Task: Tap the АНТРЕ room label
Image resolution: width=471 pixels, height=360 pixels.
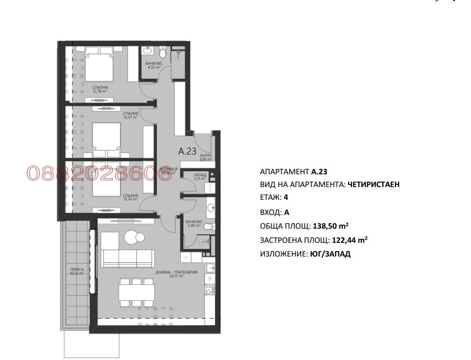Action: [206, 157]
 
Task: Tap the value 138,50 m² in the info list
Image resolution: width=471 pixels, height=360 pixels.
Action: [331, 226]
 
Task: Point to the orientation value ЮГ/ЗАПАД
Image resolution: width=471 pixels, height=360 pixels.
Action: [331, 254]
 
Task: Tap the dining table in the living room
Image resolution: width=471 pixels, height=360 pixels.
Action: [136, 291]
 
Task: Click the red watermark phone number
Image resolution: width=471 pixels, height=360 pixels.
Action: [92, 173]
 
